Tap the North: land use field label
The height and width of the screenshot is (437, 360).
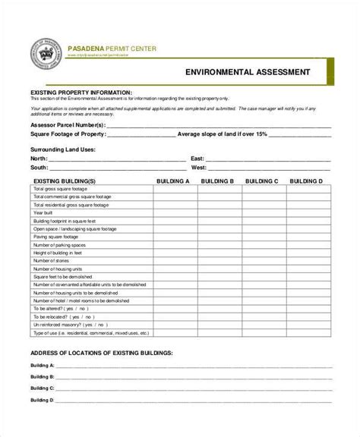[39, 158]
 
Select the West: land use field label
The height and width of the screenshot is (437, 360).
[199, 167]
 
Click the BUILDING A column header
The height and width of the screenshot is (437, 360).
[172, 182]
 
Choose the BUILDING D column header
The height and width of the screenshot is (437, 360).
[308, 182]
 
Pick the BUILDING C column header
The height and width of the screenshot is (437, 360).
[262, 182]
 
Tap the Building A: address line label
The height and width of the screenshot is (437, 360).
[42, 366]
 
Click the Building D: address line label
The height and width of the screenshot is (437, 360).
[42, 399]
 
